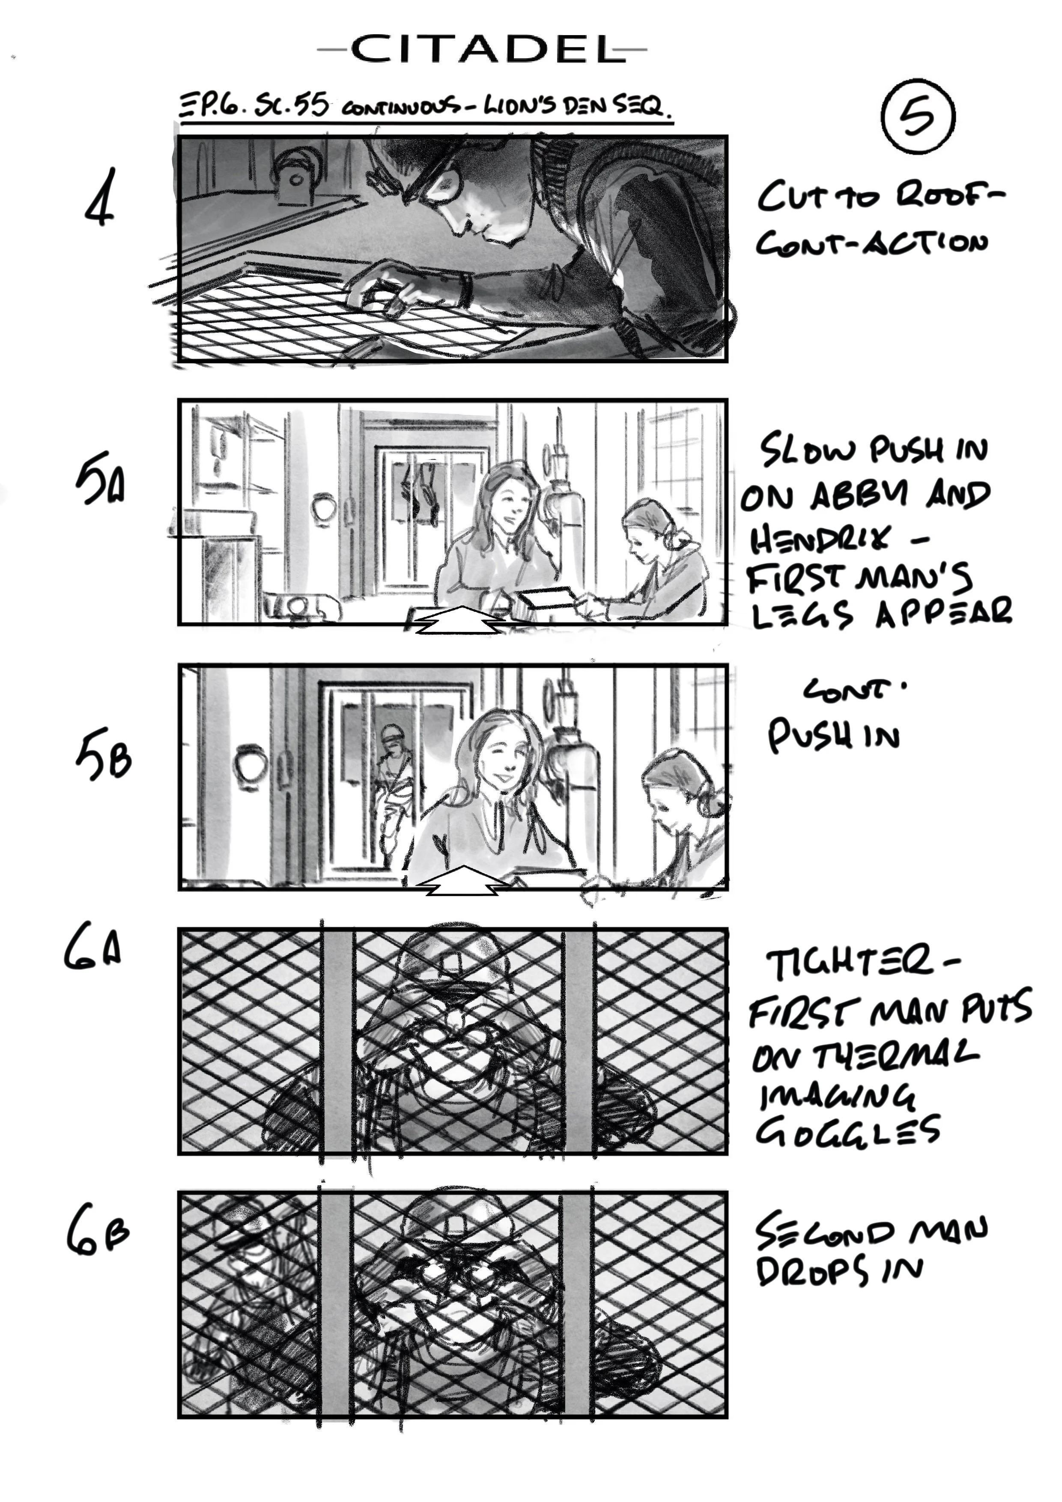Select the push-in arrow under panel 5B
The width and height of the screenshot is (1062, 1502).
(462, 881)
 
